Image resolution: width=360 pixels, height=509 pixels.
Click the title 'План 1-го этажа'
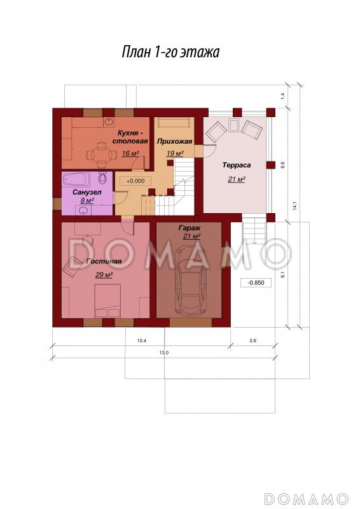[x=170, y=52]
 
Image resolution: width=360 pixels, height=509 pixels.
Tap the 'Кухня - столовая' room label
[x=130, y=137]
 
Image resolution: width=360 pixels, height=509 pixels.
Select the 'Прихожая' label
[x=175, y=141]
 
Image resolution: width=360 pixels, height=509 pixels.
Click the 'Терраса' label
[x=237, y=165]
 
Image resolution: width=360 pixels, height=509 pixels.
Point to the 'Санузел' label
[x=87, y=192]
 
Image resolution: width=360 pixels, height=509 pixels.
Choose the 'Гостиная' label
[x=104, y=261]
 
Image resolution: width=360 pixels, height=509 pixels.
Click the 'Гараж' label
[x=190, y=228]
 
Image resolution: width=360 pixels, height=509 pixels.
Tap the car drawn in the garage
[x=190, y=279]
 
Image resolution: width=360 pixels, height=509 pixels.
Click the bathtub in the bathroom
[x=76, y=179]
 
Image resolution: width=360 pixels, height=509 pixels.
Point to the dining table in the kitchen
[x=101, y=153]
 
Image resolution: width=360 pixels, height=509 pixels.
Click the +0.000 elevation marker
[x=135, y=181]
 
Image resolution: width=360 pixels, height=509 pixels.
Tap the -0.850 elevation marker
[x=256, y=282]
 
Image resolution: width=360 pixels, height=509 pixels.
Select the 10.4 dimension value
[x=142, y=340]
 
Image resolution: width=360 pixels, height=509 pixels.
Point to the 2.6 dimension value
[x=253, y=340]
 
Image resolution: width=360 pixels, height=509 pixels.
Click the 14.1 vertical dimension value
[x=294, y=206]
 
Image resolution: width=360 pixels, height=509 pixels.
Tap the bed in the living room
[x=107, y=301]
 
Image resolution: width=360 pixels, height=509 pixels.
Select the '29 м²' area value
[x=104, y=275]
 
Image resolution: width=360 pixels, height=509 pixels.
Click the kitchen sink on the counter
[x=108, y=122]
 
